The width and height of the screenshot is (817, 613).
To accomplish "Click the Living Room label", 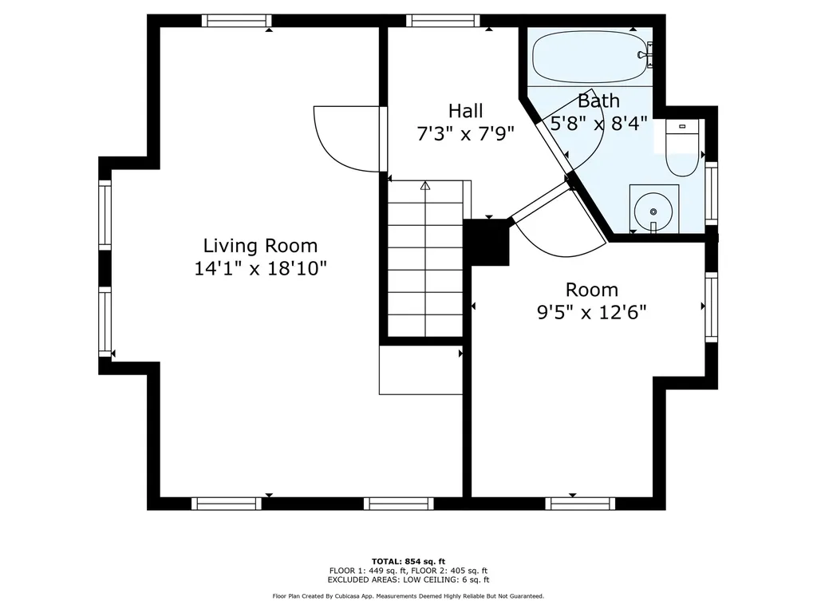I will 260,246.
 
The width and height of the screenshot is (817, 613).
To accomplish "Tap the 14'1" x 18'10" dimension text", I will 260,269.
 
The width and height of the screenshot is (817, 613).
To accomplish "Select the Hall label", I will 465,110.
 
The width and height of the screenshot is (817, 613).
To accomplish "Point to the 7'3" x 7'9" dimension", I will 465,133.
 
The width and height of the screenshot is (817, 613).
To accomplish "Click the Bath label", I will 598,101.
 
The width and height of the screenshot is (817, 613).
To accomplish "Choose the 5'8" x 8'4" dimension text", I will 598,124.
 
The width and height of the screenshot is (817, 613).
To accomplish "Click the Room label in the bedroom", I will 591,290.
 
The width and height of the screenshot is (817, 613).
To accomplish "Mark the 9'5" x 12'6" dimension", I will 591,312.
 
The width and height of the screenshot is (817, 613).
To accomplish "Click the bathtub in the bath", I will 591,55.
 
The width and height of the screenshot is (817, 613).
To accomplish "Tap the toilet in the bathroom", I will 682,149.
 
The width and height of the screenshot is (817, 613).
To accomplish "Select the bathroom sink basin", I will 653,211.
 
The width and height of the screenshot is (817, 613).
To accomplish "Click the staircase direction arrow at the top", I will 425,185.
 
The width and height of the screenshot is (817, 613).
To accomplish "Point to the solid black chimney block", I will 486,242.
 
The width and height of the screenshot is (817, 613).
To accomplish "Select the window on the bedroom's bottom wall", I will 580,503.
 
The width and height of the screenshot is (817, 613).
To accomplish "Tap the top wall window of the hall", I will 442,21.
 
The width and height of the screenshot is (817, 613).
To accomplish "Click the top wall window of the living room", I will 235,21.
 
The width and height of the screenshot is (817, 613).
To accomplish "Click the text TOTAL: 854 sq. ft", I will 408,561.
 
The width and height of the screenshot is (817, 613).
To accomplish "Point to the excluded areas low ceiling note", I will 408,580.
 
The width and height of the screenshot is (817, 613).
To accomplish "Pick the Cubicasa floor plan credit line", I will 408,596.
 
